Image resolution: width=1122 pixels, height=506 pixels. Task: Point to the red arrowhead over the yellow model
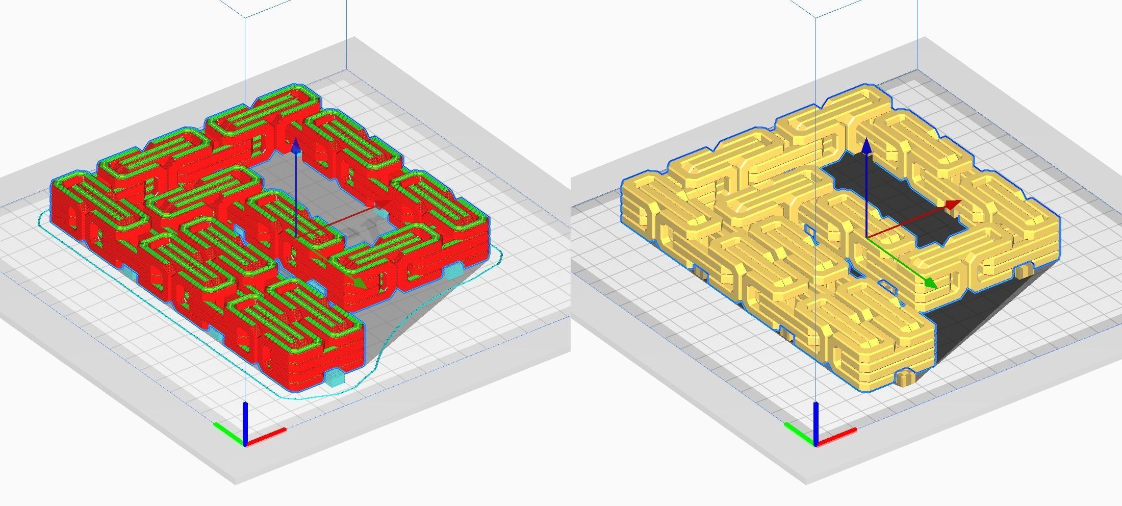pyautogui.click(x=952, y=205)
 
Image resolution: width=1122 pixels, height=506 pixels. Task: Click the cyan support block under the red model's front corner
pyautogui.click(x=334, y=378)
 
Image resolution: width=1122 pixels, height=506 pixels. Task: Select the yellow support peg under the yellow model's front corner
pyautogui.click(x=905, y=378)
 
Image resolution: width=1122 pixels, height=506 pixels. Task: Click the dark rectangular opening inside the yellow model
pyautogui.click(x=898, y=204)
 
